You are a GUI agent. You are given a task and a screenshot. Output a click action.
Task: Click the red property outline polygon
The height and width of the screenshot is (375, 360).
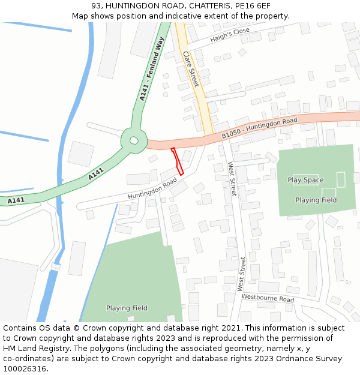pos(177,161)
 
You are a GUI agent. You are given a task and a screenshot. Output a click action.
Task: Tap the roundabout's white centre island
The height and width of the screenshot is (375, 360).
pos(134,140)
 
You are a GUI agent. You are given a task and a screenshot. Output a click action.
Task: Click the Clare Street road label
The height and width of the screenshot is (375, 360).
pos(191,69)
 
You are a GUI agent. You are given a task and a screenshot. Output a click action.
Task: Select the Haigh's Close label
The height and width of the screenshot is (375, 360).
pos(230,35)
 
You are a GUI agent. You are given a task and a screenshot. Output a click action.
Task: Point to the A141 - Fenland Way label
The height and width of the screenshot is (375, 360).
pos(151,70)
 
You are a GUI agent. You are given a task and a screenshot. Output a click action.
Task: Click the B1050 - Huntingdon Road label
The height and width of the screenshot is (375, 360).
pos(259,128)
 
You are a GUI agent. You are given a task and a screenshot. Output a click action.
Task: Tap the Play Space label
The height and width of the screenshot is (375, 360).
pos(305,180)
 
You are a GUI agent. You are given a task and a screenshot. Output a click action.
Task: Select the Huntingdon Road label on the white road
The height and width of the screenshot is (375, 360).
pos(152,188)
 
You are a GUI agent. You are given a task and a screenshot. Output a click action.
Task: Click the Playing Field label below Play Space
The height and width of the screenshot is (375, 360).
pos(316,200)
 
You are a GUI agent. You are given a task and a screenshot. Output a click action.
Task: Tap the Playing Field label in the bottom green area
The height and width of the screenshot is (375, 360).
pos(127,308)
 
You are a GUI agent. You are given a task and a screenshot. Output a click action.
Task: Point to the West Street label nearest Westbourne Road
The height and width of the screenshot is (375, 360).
pos(241,274)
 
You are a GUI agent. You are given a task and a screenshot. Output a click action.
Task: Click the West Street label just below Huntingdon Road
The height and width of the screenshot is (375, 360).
pos(232,179)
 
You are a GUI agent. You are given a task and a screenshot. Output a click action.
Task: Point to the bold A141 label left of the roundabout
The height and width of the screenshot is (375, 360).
pos(96,174)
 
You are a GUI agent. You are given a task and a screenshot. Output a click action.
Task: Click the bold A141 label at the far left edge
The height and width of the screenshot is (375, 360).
pos(16,200)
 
